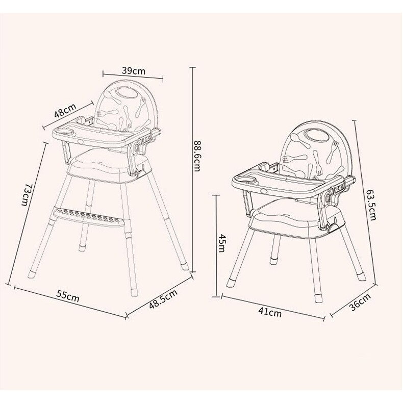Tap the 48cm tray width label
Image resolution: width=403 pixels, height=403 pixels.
point(65,110)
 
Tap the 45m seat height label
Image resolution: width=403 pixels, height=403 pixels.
point(221,243)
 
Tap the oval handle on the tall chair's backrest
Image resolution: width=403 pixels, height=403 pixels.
point(124,93)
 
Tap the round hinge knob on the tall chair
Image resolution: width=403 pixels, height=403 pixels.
point(137,148)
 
